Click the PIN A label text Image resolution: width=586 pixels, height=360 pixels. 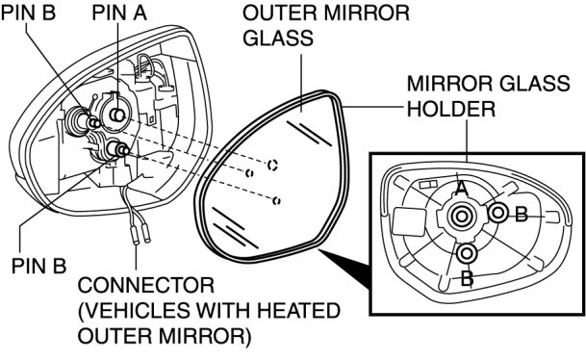coord(119,13)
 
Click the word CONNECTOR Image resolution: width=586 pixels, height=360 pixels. coord(146,286)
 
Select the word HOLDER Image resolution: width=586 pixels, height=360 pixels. coord(451,109)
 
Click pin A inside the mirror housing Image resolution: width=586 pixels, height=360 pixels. coord(117,116)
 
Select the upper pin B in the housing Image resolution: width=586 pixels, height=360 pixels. coord(93,122)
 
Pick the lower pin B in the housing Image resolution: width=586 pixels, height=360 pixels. coord(120,149)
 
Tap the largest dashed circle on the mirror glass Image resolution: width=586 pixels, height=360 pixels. coord(272,164)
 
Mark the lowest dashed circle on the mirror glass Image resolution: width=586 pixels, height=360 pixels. coord(276,201)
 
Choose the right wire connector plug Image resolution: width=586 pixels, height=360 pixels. coord(146,233)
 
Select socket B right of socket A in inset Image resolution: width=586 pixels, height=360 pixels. coord(497,213)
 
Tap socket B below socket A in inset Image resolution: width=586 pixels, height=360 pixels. coord(467,253)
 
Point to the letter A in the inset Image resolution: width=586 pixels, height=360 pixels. coord(462,189)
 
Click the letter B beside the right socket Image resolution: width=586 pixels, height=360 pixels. coord(522,215)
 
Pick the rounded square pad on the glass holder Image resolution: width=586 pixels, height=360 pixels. coord(410,221)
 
